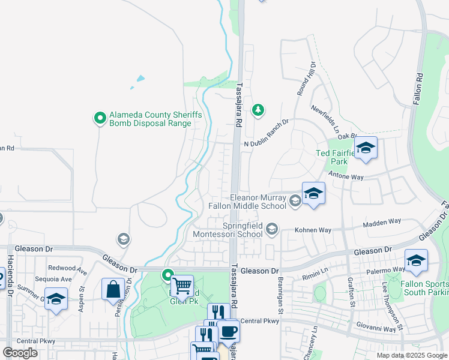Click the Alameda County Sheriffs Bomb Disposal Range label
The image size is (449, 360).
tap(150, 119)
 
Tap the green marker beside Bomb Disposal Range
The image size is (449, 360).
tap(100, 116)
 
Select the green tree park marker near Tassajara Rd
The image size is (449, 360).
tap(258, 109)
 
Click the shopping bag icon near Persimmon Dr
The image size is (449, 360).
tap(113, 289)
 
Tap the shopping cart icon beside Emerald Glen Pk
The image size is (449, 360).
tap(182, 285)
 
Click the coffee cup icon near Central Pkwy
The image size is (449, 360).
tap(228, 331)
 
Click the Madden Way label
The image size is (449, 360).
tap(382, 222)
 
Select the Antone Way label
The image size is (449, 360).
tap(347, 178)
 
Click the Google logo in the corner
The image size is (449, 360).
tap(20, 352)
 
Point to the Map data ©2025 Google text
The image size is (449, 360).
tap(411, 355)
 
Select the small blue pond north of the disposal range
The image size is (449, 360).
tap(140, 78)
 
